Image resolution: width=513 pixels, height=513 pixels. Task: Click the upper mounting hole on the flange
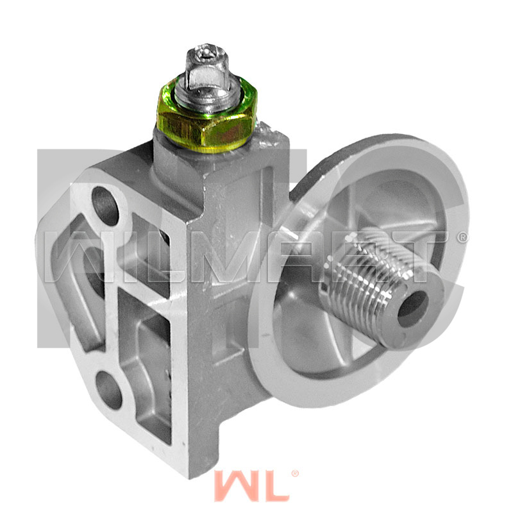coord(105,205)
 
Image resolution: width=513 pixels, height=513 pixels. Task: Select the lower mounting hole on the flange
coord(109,390)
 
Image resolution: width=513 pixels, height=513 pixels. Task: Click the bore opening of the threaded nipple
coord(413,308)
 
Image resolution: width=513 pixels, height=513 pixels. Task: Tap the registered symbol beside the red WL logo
coord(295,474)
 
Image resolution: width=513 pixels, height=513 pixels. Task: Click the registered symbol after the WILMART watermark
coord(462,237)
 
